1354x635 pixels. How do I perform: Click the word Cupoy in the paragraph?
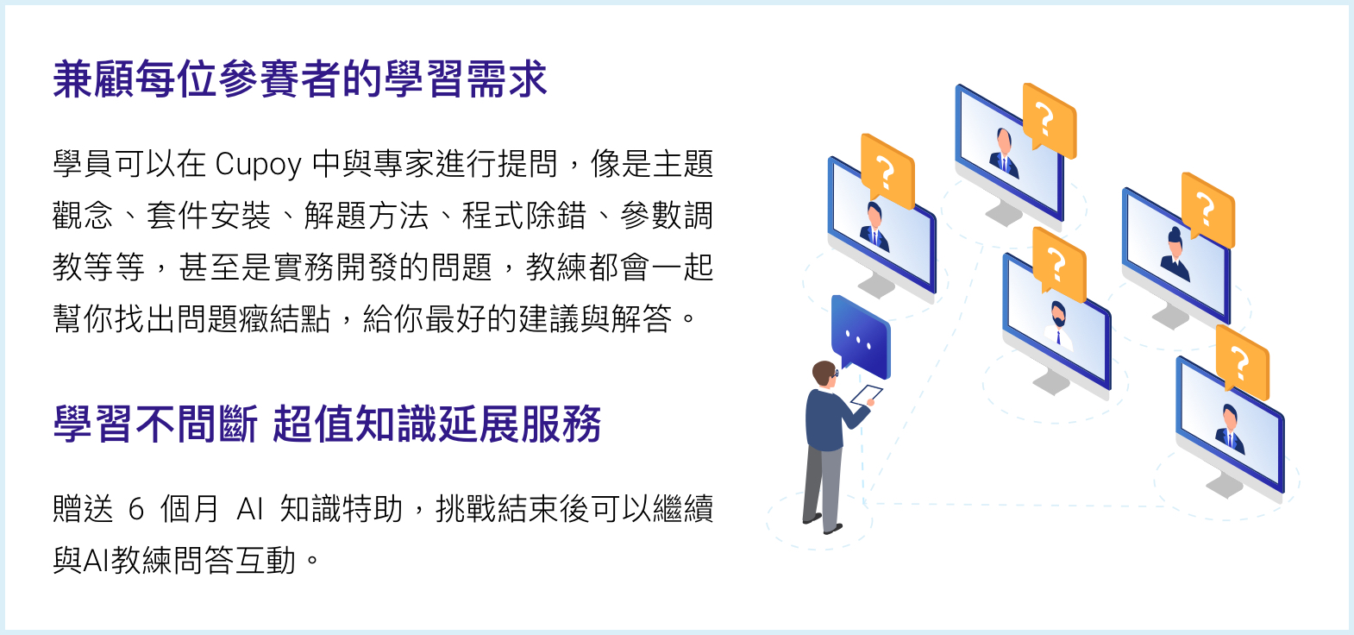click(x=258, y=165)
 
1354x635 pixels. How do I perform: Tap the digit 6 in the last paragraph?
click(x=136, y=509)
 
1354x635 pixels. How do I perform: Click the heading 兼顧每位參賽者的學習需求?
click(x=300, y=79)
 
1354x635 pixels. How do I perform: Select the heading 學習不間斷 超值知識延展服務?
click(x=327, y=424)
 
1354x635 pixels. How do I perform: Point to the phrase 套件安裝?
click(x=209, y=216)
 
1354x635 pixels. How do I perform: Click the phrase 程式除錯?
click(x=524, y=216)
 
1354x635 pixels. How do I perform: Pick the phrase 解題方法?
click(x=367, y=216)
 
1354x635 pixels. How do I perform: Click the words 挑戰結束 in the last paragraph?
click(x=497, y=509)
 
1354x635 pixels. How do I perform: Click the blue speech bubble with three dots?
click(x=860, y=336)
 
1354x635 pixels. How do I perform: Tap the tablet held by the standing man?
click(x=867, y=395)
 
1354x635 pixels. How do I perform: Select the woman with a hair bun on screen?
click(x=1175, y=254)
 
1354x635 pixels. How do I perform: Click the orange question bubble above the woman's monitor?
click(x=1207, y=210)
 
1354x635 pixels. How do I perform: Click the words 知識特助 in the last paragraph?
click(x=341, y=509)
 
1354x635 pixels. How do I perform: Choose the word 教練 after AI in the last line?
click(x=141, y=561)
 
